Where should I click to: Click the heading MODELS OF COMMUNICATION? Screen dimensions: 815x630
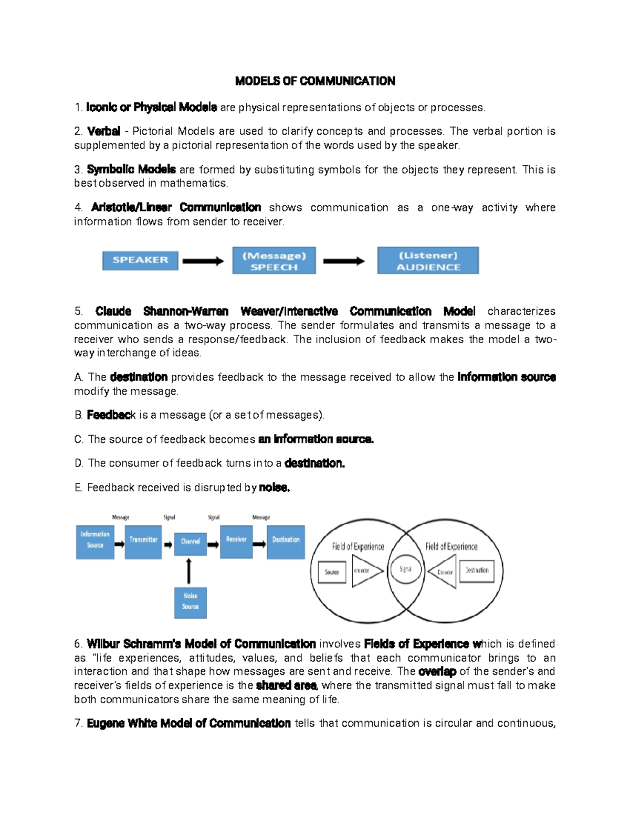[x=315, y=81]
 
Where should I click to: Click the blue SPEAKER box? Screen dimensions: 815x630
[x=140, y=260]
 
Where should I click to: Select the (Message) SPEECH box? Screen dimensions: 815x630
[x=274, y=261]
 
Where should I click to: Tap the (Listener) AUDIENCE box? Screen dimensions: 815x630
[x=428, y=261]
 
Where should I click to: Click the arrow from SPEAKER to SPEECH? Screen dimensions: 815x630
[x=203, y=261]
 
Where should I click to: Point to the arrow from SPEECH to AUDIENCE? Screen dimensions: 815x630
[x=344, y=261]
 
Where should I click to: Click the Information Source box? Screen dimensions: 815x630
[x=95, y=542]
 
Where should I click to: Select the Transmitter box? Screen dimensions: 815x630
[x=143, y=542]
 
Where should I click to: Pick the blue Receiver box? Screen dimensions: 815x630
[x=236, y=542]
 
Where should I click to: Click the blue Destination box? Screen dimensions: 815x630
[x=286, y=542]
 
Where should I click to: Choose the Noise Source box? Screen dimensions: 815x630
[x=190, y=602]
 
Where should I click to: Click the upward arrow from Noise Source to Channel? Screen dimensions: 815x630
[x=189, y=571]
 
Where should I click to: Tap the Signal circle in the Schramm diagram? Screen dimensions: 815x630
[x=405, y=569]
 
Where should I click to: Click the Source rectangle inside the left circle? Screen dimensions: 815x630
[x=332, y=572]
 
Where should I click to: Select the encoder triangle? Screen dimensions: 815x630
[x=365, y=571]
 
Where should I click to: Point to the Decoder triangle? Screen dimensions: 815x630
[x=444, y=571]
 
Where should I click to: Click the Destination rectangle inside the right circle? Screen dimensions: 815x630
[x=477, y=570]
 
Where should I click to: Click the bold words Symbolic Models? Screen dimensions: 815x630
[x=131, y=170]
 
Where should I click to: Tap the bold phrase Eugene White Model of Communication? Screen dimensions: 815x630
[x=188, y=723]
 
